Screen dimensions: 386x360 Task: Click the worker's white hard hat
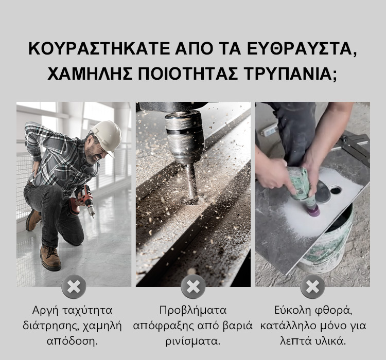coord(107,137)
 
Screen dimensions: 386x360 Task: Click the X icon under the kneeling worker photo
coord(74,286)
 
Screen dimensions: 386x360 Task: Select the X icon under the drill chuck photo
coord(193,286)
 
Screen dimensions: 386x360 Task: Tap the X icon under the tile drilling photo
coord(312,286)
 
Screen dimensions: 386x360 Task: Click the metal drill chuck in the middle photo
coord(184,138)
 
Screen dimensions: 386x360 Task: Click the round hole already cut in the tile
coord(336,190)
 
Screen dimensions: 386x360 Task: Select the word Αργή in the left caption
coord(45,311)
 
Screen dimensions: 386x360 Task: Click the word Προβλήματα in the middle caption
coord(193,311)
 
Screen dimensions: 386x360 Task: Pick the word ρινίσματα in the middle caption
coord(193,341)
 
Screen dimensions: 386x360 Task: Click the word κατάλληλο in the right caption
coord(288,326)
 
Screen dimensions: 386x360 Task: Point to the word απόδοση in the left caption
coord(72,341)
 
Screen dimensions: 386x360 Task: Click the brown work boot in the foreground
coord(50,257)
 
